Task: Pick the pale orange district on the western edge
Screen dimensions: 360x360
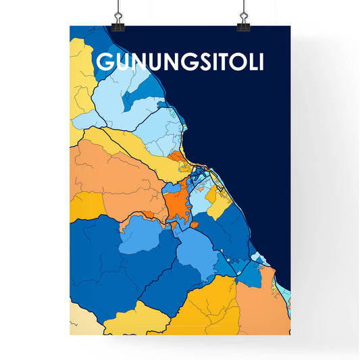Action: coord(101,169)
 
